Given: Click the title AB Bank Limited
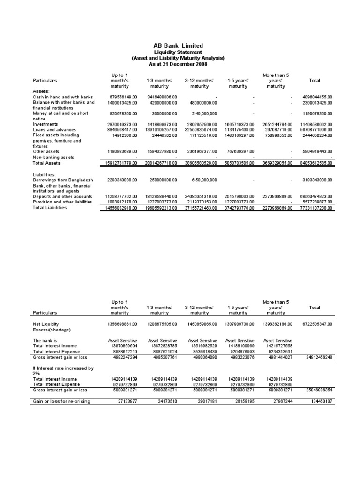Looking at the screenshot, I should (178, 45).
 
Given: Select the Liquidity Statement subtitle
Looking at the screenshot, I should (178, 52).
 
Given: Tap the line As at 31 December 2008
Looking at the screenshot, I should (178, 63).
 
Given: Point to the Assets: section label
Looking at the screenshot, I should (41, 91).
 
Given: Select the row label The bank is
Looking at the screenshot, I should (45, 340).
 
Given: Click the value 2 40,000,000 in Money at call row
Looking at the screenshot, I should (199, 113).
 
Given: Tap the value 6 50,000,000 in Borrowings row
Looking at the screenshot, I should (199, 180).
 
